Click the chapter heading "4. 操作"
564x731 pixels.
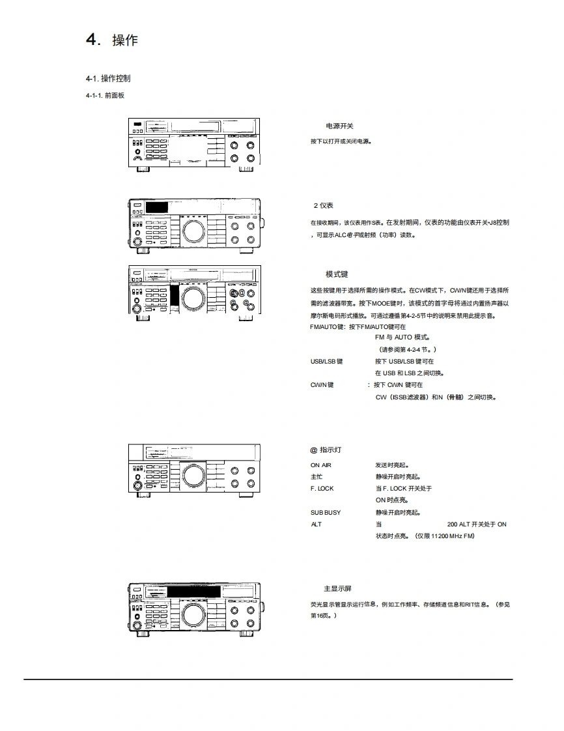pyautogui.click(x=111, y=40)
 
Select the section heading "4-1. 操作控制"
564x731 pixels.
pyautogui.click(x=107, y=78)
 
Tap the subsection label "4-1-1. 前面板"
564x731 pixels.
pyautogui.click(x=105, y=96)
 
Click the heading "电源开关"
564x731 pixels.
pyautogui.click(x=339, y=126)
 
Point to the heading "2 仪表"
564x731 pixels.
pyautogui.click(x=324, y=205)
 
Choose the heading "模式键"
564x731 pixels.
pyautogui.click(x=337, y=274)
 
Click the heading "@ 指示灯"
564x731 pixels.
pyautogui.click(x=326, y=450)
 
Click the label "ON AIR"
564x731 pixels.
pyautogui.click(x=320, y=465)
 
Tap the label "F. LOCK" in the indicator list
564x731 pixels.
pyautogui.click(x=322, y=489)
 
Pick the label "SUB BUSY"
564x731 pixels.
pyautogui.click(x=326, y=513)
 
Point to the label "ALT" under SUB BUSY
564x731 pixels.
pyautogui.click(x=316, y=524)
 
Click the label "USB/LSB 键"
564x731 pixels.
pyautogui.click(x=326, y=361)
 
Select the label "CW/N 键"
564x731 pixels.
pyautogui.click(x=322, y=385)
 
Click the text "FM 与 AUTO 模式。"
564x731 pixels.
pyautogui.click(x=402, y=337)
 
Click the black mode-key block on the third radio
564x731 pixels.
pyautogui.click(x=175, y=296)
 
